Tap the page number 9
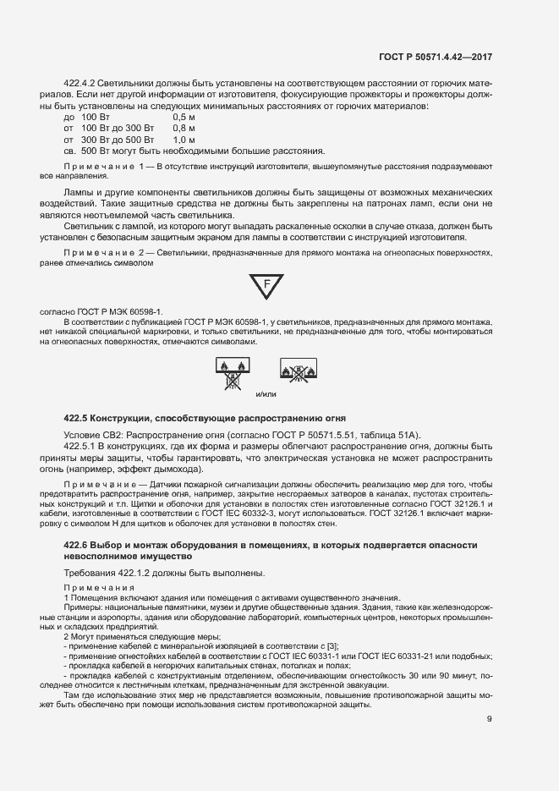coord(490,719)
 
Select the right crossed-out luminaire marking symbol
coord(299,371)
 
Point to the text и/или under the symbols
coord(266,394)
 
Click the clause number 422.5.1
coord(82,446)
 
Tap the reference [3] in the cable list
coord(332,646)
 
